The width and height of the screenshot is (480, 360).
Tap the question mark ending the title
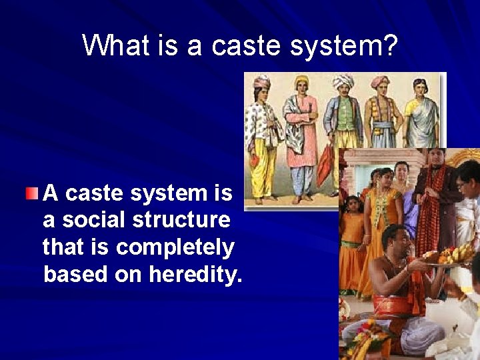pos(390,46)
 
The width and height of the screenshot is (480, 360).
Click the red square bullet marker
pos(33,194)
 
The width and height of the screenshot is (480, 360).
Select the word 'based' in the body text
pos(70,274)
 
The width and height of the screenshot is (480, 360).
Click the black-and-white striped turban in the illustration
pos(343,81)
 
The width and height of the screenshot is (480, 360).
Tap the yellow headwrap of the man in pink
pos(302,82)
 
